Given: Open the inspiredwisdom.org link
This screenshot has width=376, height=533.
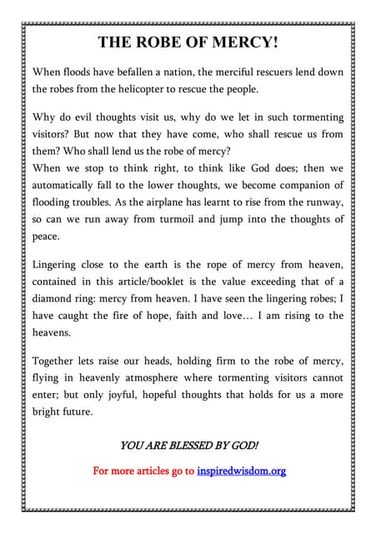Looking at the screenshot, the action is coord(241,471).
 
